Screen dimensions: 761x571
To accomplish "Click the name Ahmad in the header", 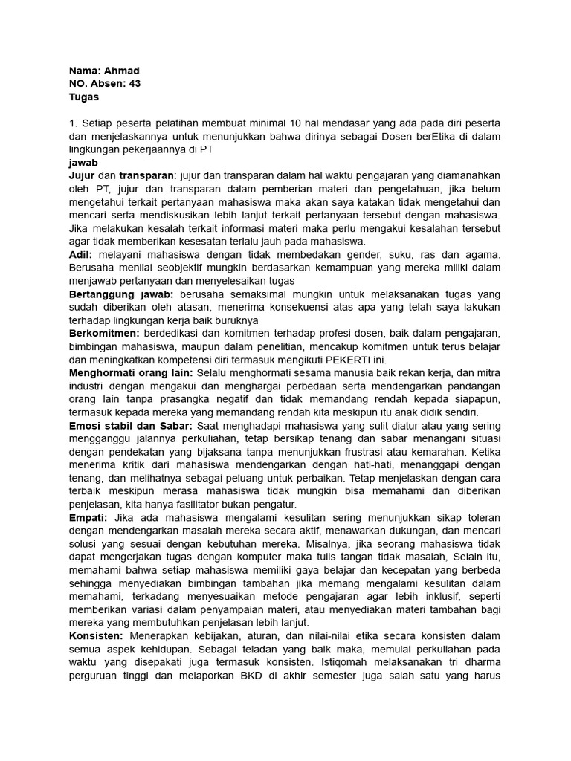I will point(120,71).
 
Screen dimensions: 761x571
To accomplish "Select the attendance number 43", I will point(135,84).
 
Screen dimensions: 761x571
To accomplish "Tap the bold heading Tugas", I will point(83,97).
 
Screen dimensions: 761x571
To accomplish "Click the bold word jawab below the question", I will point(83,162).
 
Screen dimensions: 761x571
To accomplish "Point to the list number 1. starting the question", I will point(73,123).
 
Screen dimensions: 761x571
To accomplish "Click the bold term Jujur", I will point(82,175).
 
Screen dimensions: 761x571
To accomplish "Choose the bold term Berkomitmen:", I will point(109,333).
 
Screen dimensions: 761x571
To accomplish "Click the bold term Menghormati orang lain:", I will point(131,372).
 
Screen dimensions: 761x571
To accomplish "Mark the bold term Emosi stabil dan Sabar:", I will point(131,425).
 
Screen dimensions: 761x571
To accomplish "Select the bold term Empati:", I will point(88,516).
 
